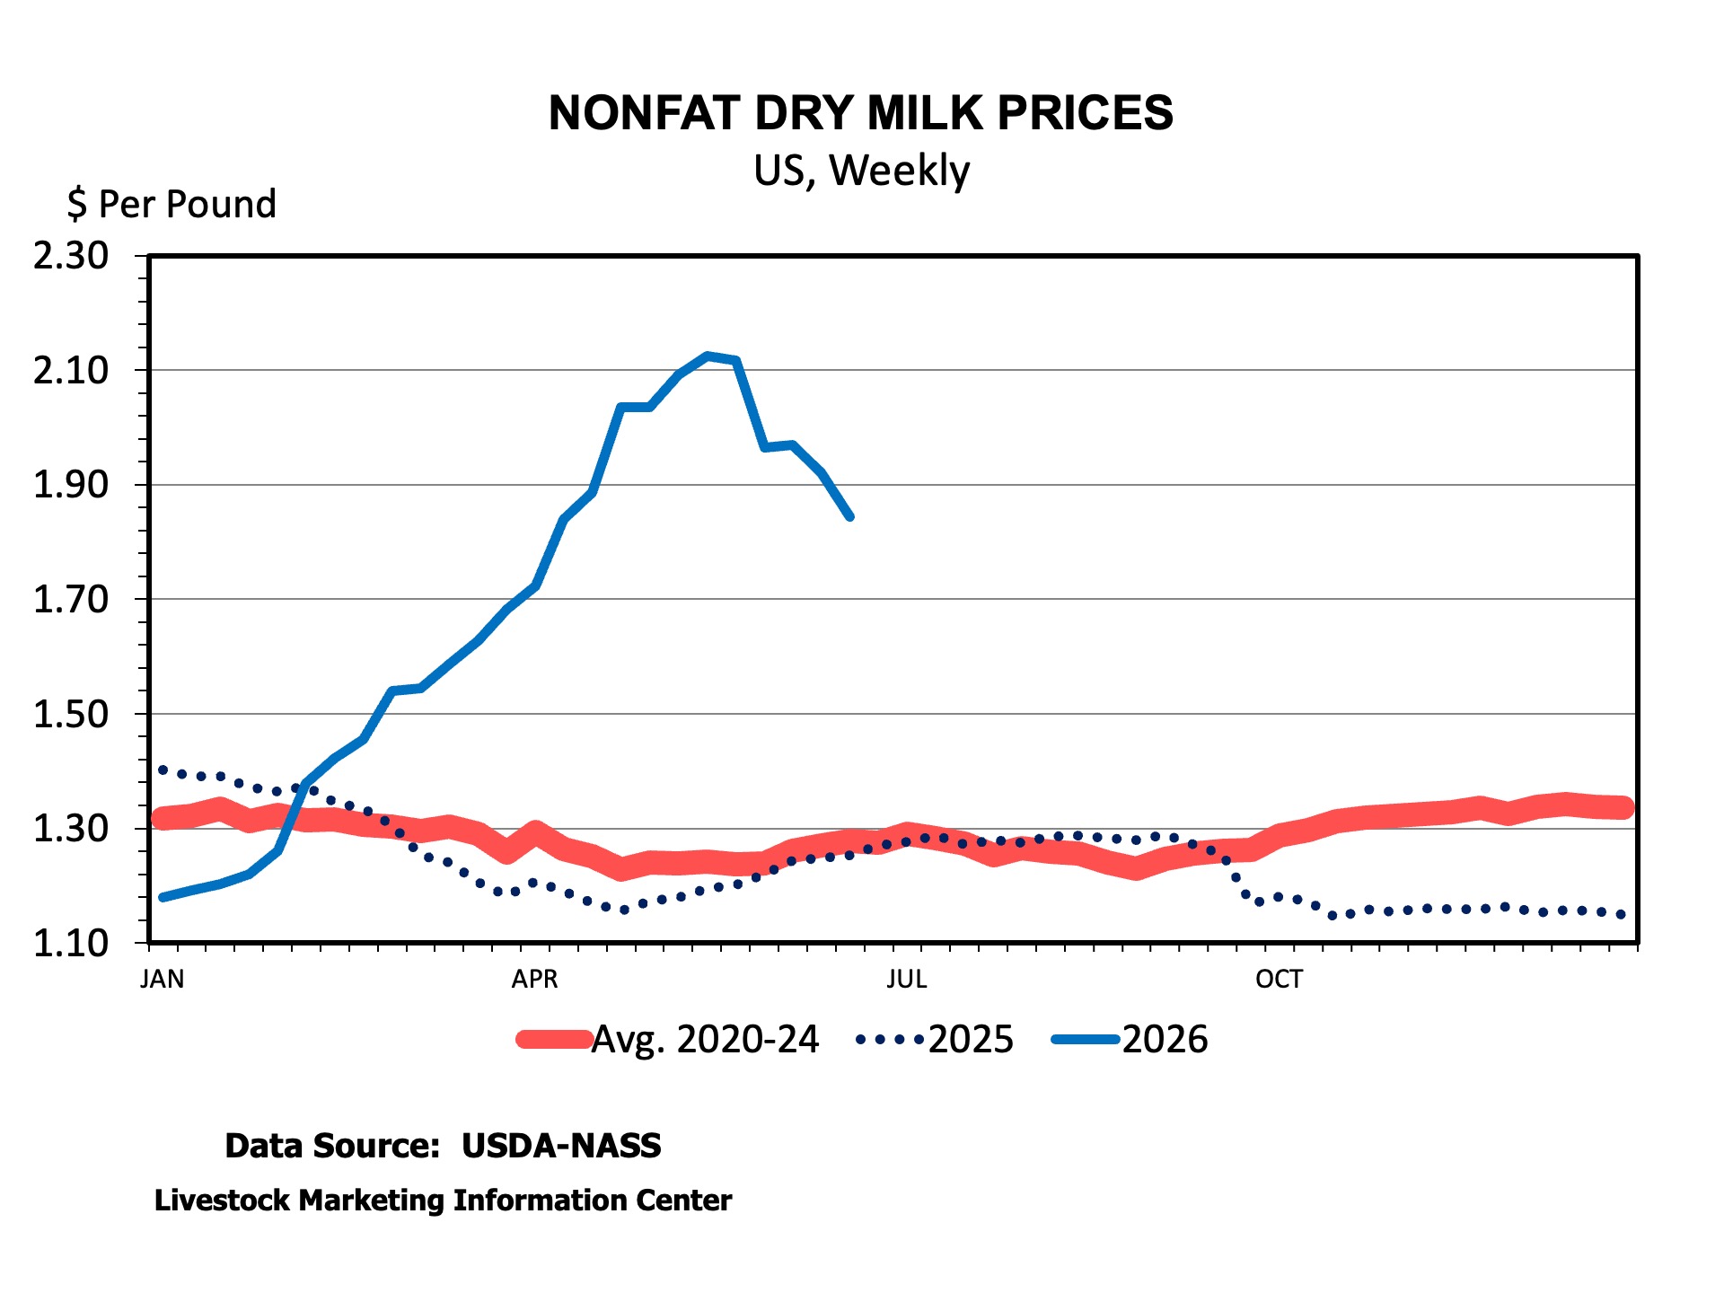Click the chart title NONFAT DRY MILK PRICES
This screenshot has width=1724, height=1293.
[860, 113]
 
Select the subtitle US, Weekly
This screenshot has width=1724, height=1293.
[861, 171]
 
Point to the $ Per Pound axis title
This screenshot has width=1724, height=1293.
[172, 205]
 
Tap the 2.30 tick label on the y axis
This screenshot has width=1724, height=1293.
[71, 256]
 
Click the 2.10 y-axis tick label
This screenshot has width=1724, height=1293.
[71, 370]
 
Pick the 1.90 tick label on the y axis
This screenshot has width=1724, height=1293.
[71, 485]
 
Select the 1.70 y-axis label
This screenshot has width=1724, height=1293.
[71, 599]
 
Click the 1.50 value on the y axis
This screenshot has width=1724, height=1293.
[71, 714]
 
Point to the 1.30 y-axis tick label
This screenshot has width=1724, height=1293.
[71, 828]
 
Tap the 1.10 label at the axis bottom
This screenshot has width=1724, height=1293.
[71, 943]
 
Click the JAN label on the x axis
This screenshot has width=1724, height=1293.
[163, 979]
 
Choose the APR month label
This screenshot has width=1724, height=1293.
[534, 979]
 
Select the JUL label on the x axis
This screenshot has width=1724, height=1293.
[907, 979]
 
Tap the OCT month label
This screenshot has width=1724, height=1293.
[1279, 979]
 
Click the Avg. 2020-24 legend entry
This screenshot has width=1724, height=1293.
[668, 1040]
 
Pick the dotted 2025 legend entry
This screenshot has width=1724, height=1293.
[935, 1040]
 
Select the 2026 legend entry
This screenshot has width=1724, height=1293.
[1130, 1040]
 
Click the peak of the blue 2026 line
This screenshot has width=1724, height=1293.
[708, 356]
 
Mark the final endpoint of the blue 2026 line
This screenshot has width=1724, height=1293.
[849, 517]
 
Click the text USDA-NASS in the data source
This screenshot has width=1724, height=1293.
[561, 1146]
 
